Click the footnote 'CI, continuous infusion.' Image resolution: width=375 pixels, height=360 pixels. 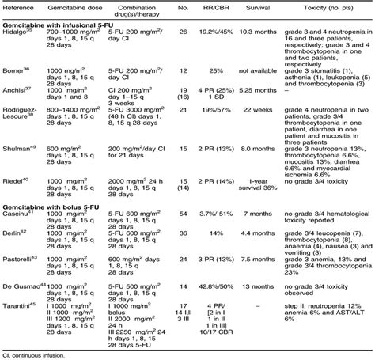[41, 352]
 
